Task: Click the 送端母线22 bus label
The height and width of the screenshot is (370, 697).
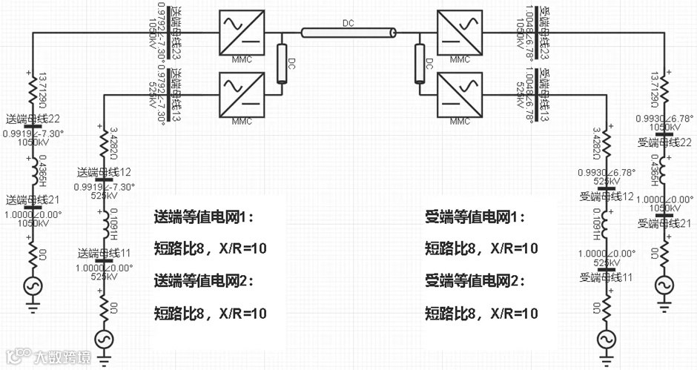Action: coord(33,119)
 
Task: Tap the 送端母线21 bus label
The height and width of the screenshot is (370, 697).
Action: coord(33,200)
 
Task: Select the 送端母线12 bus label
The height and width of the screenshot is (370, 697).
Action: coord(105,172)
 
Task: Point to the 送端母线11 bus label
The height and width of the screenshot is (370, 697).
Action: coord(105,253)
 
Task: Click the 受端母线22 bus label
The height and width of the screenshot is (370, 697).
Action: coord(665,141)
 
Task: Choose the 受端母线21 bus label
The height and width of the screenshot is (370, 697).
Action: coord(665,222)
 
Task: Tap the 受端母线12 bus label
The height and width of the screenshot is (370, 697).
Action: coord(606,196)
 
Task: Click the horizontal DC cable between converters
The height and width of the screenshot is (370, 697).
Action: coord(348,32)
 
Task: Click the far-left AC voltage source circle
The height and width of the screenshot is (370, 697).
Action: coord(33,284)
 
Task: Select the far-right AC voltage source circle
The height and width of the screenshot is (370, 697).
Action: coord(663,284)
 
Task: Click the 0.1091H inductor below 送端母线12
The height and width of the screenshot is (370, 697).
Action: coord(105,221)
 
